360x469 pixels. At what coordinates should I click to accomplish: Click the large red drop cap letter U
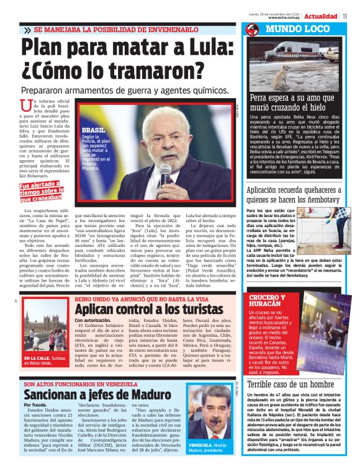click(x=25, y=106)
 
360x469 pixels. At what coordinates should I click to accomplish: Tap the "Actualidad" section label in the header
click(x=321, y=16)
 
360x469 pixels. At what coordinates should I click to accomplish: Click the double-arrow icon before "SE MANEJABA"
click(x=27, y=30)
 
